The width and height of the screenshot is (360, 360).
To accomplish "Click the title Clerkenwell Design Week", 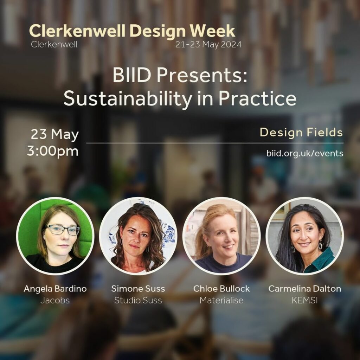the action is [x=132, y=31].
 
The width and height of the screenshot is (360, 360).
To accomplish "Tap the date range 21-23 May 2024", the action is [x=208, y=44].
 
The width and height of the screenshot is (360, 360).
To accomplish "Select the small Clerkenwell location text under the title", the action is [x=54, y=44].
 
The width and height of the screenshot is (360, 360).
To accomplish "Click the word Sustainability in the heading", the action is [x=128, y=99].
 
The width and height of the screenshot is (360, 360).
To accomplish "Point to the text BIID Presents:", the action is [x=180, y=76].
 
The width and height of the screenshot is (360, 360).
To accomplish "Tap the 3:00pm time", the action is [x=53, y=151].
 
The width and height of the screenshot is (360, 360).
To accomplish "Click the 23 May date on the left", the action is [x=54, y=134].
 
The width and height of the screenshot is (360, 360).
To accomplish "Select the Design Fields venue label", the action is [x=301, y=132].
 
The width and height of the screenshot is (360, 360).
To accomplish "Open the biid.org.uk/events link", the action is [x=305, y=153].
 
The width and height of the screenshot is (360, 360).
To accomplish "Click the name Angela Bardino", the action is [x=55, y=289].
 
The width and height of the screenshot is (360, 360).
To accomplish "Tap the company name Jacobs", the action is [x=55, y=300].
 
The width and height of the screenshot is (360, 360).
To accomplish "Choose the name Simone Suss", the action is [x=138, y=289].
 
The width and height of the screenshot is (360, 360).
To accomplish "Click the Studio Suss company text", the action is [x=138, y=300].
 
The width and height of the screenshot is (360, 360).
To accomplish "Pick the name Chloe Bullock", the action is [x=221, y=289].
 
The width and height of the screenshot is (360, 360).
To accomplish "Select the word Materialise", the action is [x=221, y=300].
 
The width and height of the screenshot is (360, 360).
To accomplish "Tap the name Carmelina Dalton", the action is [x=304, y=289].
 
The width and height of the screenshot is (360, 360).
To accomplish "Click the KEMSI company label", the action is [x=304, y=300].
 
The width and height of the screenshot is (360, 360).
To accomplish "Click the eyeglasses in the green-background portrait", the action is [x=63, y=230].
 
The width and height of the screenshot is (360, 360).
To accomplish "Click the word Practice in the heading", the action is [x=257, y=99].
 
